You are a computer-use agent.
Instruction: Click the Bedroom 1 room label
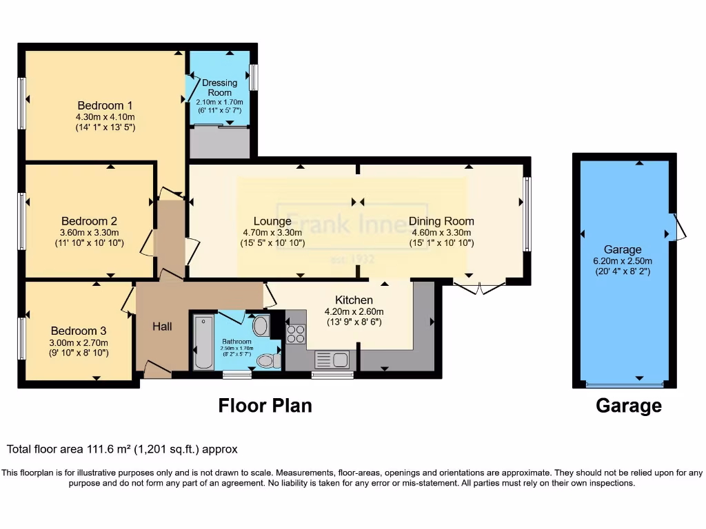click(105, 105)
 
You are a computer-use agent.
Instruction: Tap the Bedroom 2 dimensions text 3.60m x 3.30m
click(89, 233)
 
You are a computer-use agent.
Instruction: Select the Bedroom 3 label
click(79, 330)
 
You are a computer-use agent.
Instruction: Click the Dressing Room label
click(219, 87)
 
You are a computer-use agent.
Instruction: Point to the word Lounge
click(272, 221)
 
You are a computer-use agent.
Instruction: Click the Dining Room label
click(441, 221)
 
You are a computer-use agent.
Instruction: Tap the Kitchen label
click(354, 300)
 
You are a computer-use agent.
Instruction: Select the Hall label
click(162, 326)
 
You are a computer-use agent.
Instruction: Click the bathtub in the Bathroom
click(204, 342)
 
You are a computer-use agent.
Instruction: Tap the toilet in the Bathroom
click(266, 360)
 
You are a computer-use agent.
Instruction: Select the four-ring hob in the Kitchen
click(296, 334)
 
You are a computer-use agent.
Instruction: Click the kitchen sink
click(332, 360)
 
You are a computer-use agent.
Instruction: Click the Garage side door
click(679, 227)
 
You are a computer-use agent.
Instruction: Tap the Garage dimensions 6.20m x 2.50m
click(623, 260)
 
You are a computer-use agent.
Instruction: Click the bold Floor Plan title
click(265, 406)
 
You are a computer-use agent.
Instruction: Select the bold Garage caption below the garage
click(628, 406)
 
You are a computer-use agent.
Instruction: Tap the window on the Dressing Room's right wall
click(253, 77)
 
